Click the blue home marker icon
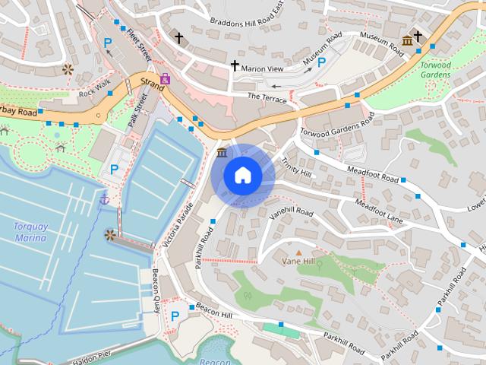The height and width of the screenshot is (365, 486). [242, 176]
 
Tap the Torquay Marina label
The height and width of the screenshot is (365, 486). [30, 232]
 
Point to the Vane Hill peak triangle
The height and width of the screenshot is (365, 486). [298, 252]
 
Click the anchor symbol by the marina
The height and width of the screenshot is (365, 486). [105, 198]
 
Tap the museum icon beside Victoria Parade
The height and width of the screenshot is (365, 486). [221, 154]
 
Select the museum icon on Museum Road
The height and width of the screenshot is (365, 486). [407, 40]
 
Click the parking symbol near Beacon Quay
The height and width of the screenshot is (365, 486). [175, 316]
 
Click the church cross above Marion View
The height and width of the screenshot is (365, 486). [235, 66]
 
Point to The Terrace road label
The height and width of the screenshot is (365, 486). [267, 97]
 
